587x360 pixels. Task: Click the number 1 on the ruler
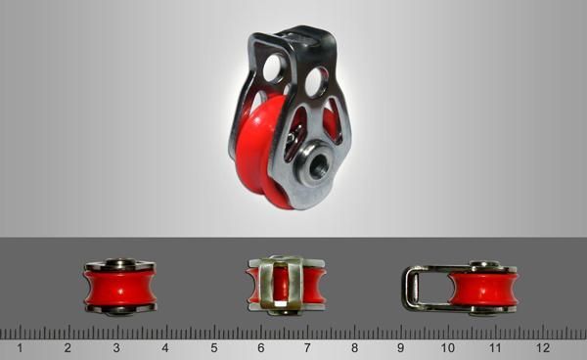tap(20, 348)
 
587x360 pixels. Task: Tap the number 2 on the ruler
tap(68, 348)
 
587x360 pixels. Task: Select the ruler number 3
tap(116, 348)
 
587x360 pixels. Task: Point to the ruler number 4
tap(165, 348)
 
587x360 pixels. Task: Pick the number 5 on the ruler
tap(214, 348)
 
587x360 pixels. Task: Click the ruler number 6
tap(261, 348)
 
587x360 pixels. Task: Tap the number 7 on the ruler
tap(307, 348)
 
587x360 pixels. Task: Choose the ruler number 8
tap(354, 348)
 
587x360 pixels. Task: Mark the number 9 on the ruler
tap(400, 348)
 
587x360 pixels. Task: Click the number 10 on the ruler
tap(447, 348)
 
